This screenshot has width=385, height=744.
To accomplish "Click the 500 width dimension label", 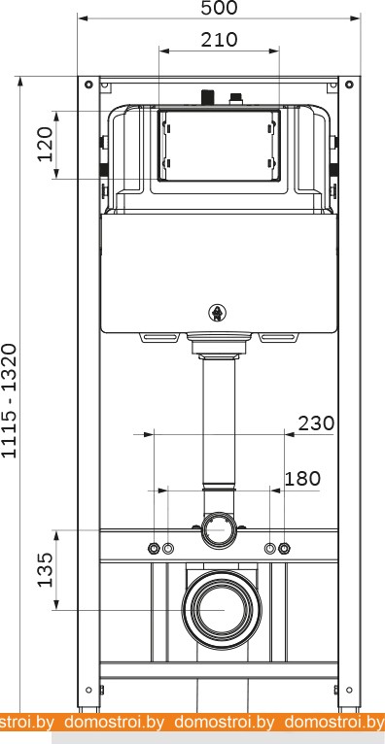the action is pyautogui.click(x=219, y=8).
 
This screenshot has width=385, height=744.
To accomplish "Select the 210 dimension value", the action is pyautogui.click(x=219, y=40).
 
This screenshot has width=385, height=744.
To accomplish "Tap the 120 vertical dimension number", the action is pyautogui.click(x=46, y=145).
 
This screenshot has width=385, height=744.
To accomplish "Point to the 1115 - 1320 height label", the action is pyautogui.click(x=10, y=400).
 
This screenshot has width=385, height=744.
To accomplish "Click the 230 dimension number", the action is pyautogui.click(x=316, y=423).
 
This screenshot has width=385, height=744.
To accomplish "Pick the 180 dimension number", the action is pyautogui.click(x=302, y=479).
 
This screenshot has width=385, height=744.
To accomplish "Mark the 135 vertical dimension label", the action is pyautogui.click(x=46, y=569).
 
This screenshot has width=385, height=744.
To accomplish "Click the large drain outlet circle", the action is pyautogui.click(x=222, y=610).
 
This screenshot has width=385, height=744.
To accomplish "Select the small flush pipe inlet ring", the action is pyautogui.click(x=219, y=530).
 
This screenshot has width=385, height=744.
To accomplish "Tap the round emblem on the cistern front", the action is pyautogui.click(x=217, y=313).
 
